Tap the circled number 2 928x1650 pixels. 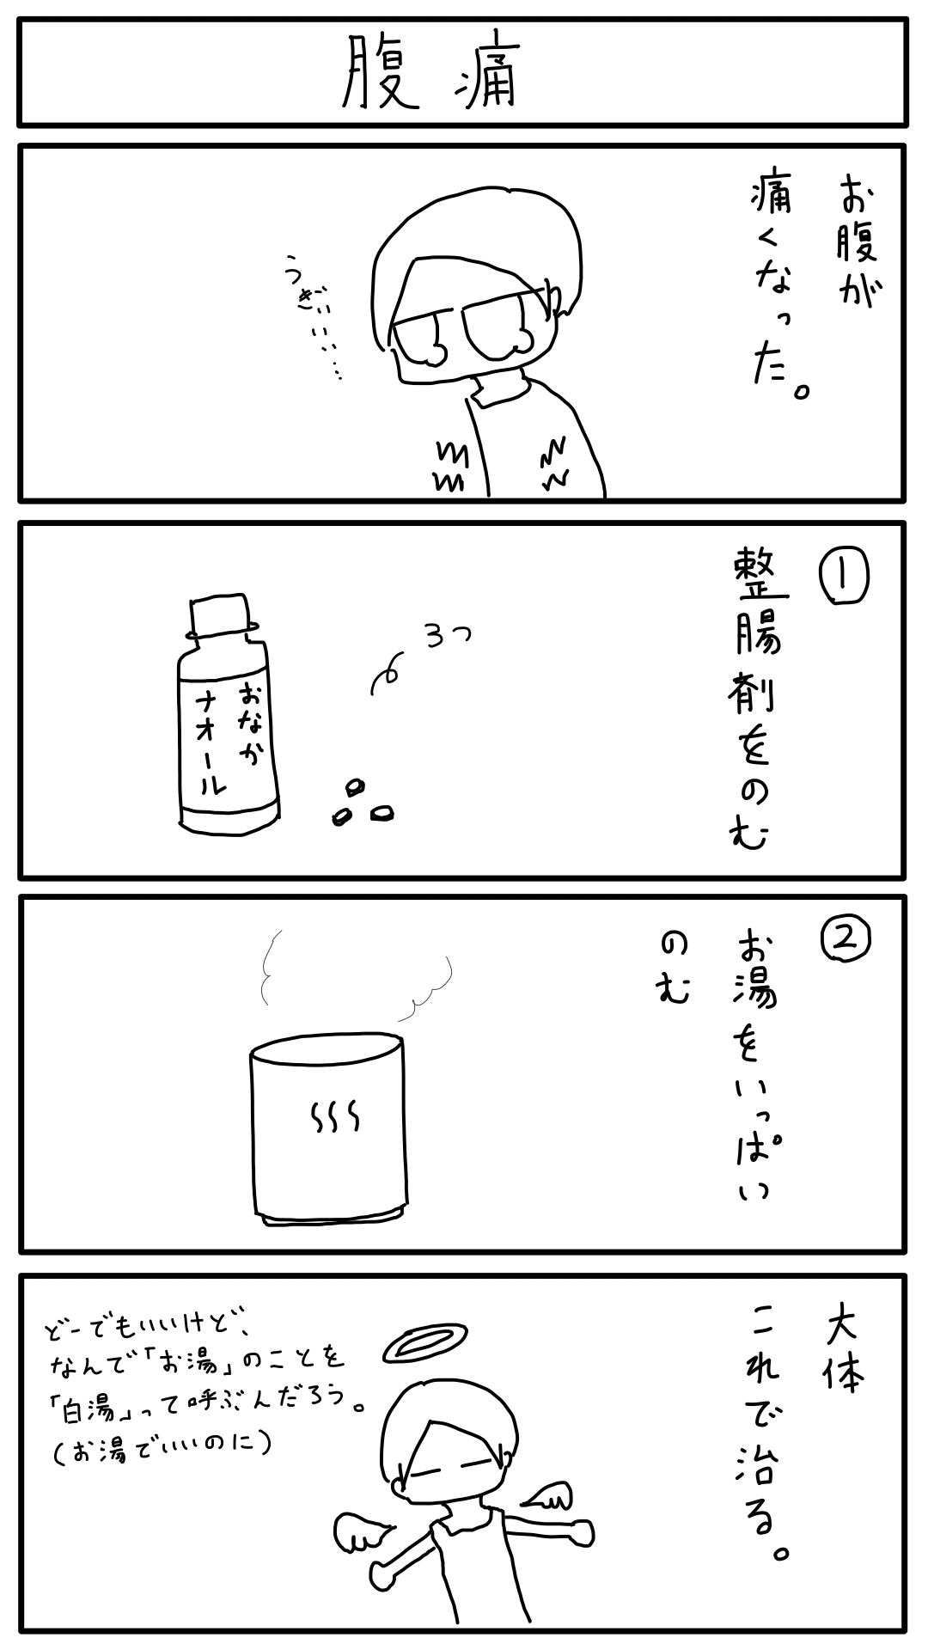(x=846, y=939)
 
